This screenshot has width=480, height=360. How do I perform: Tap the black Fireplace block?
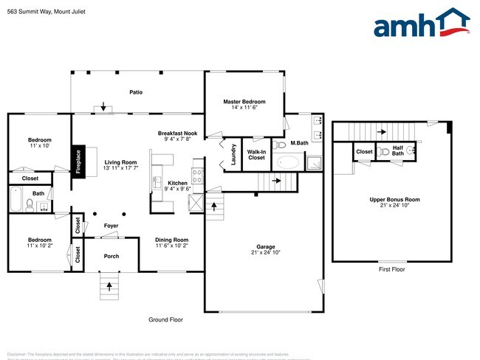[x=79, y=162]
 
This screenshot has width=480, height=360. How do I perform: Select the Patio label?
[x=136, y=92]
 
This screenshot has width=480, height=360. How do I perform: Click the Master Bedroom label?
[x=244, y=101]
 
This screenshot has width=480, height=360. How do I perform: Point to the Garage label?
[x=265, y=247]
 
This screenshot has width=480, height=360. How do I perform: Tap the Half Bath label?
[x=398, y=150]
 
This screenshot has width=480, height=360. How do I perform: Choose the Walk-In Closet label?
[x=256, y=154]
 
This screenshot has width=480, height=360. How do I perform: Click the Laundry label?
[x=233, y=154]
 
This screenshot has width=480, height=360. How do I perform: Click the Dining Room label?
[x=171, y=240]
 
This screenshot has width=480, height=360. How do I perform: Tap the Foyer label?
[x=111, y=226]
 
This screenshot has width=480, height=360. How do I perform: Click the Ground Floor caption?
[x=165, y=319]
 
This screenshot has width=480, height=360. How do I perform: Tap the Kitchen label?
[x=178, y=183]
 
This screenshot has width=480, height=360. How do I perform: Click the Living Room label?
[x=120, y=162]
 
